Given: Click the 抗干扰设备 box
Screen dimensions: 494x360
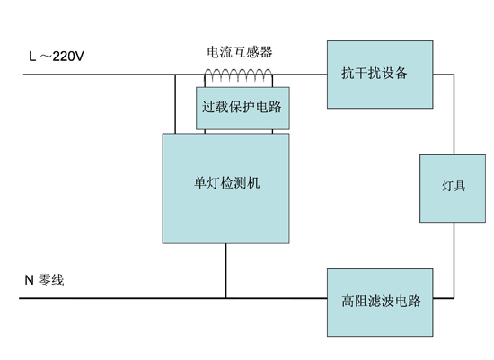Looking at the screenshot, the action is (380, 75).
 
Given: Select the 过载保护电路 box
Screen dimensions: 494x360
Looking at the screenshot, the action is (243, 109).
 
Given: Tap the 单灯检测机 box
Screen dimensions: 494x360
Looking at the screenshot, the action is (225, 189).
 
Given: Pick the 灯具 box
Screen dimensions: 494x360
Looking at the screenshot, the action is (453, 189).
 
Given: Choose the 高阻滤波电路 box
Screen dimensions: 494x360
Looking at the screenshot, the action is (380, 303).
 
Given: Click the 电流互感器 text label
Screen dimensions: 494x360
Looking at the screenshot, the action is (240, 52).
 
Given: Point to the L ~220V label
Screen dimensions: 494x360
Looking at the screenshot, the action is (57, 57).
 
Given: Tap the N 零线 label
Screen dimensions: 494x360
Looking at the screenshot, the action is (44, 280).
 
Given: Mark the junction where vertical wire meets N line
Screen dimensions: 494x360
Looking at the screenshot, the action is (225, 298).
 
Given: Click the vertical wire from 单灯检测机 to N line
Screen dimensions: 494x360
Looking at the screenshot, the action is (225, 270).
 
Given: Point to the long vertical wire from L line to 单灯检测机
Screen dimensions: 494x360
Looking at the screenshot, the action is (175, 104).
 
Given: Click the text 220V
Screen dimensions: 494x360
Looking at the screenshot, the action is (68, 57).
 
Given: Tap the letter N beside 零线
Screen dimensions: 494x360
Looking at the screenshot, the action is (29, 280).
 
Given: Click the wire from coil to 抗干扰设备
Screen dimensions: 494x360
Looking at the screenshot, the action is (300, 75).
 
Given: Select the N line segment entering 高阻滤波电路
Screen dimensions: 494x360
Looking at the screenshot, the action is (277, 298).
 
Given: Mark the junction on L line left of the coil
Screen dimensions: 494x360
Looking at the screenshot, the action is (175, 75).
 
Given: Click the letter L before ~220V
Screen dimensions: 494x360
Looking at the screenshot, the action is (32, 57).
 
